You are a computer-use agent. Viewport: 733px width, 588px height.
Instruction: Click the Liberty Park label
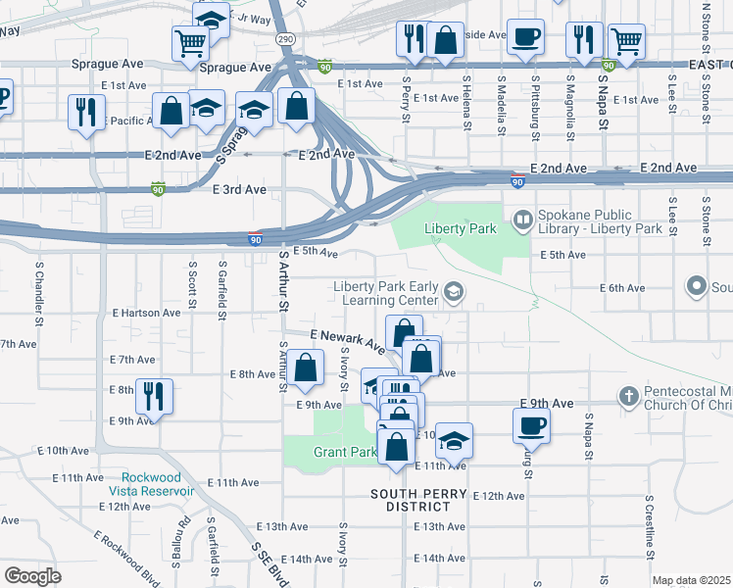point(451,228)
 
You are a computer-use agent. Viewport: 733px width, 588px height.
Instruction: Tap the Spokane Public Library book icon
point(523,218)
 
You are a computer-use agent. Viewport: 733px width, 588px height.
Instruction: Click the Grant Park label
point(331,453)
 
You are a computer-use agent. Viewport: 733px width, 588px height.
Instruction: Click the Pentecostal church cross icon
point(629,396)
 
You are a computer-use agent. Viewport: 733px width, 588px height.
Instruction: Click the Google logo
point(32,575)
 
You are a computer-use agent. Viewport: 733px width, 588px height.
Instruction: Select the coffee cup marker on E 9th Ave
point(531,424)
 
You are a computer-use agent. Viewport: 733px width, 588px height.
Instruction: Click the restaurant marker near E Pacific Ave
point(86,111)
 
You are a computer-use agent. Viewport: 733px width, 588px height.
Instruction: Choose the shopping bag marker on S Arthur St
point(306,367)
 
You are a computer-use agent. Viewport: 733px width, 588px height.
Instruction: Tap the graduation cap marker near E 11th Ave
point(454,440)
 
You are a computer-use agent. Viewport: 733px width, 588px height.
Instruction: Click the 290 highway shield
point(284,37)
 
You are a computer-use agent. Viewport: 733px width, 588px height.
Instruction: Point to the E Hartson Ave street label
point(146,313)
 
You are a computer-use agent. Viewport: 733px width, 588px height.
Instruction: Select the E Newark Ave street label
point(347,340)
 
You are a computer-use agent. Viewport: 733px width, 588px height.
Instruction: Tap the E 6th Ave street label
point(622,288)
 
